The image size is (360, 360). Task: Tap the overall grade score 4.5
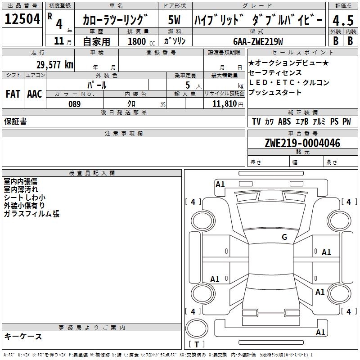[x=342, y=21]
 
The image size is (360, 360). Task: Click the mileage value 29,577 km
[x=54, y=64]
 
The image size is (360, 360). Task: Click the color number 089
[x=74, y=104]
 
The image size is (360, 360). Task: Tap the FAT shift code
[x=13, y=94]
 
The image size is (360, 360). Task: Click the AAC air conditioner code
[x=35, y=94]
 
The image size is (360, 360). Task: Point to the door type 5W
[x=175, y=20]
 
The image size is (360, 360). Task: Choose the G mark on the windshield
[x=284, y=237]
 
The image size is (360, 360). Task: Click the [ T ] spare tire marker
[x=197, y=345]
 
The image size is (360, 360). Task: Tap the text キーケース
[x=23, y=336]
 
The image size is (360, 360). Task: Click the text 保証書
[x=15, y=121]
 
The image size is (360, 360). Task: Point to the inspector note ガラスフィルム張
[x=31, y=214]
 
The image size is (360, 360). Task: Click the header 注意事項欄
[x=123, y=134]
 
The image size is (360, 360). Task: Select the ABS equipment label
[x=284, y=121]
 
